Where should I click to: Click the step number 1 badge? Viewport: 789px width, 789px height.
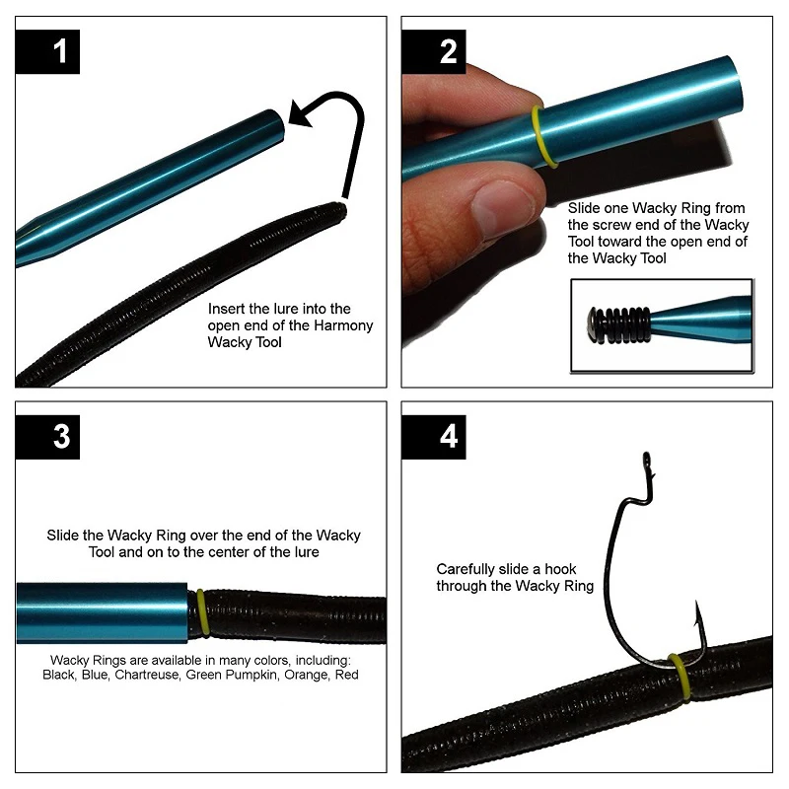47,51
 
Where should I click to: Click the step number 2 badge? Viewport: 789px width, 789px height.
434,51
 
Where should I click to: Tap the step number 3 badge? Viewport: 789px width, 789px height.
47,437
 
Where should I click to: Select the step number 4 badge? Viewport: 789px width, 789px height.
434,437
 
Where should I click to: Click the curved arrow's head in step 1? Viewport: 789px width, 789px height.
301,113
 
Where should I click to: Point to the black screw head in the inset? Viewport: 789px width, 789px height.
593,325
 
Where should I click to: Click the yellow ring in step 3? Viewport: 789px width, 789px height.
202,612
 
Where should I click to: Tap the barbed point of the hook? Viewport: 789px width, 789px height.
697,611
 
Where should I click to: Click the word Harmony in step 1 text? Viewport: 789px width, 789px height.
343,325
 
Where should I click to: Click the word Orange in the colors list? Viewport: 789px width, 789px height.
307,675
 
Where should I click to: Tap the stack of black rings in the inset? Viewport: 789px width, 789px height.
624,325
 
